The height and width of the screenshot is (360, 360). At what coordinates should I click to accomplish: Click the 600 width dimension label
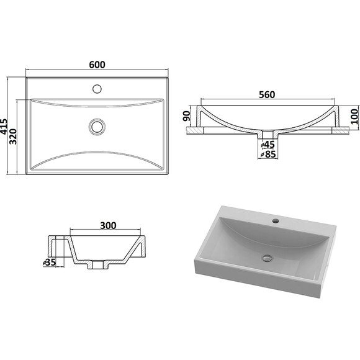click(97, 65)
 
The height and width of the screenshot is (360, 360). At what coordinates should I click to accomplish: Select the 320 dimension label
click(13, 137)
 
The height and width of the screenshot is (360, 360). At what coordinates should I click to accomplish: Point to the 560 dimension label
click(267, 94)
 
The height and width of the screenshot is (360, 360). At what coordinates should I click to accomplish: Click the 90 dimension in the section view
click(187, 116)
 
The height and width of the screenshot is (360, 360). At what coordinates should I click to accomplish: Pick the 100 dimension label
click(354, 117)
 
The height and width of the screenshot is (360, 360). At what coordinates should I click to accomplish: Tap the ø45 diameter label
click(268, 145)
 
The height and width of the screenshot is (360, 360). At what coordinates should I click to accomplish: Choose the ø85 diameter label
click(268, 154)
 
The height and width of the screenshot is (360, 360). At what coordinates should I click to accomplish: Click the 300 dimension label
click(108, 225)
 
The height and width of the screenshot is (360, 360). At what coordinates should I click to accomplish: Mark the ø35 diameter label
click(50, 262)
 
